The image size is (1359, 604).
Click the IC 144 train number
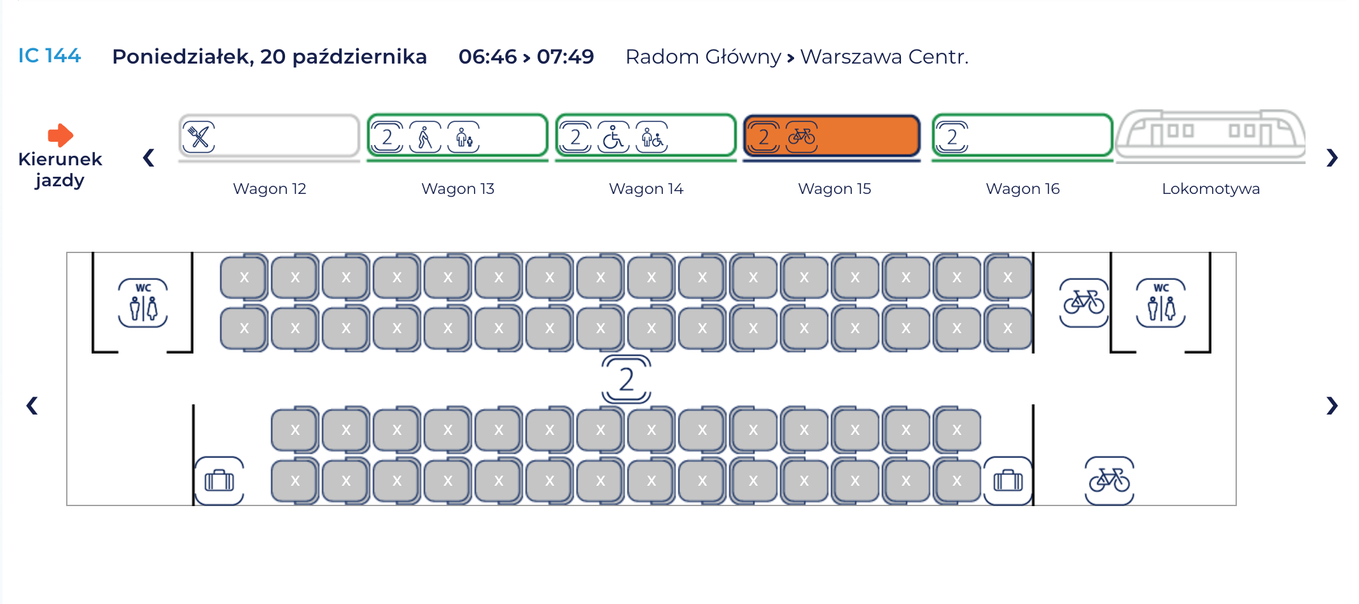(49, 56)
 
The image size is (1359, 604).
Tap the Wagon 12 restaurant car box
(269, 136)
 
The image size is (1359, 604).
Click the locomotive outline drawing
(1210, 136)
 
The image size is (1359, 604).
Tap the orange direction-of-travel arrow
(60, 135)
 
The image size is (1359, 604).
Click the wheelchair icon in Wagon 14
(613, 137)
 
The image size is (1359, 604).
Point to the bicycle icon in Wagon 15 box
(802, 136)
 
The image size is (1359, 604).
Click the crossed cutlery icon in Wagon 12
(199, 137)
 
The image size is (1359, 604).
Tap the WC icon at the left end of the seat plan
(143, 303)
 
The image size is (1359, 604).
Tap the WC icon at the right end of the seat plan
(1161, 303)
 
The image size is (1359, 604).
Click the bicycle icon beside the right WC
(1084, 303)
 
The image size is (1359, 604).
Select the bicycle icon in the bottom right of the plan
(1109, 481)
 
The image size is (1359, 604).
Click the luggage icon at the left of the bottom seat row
(220, 481)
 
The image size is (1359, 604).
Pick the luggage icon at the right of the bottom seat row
(1008, 481)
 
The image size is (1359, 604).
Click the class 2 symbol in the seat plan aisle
(626, 379)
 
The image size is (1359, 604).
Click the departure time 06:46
(487, 57)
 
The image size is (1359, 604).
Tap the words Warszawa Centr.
(884, 57)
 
